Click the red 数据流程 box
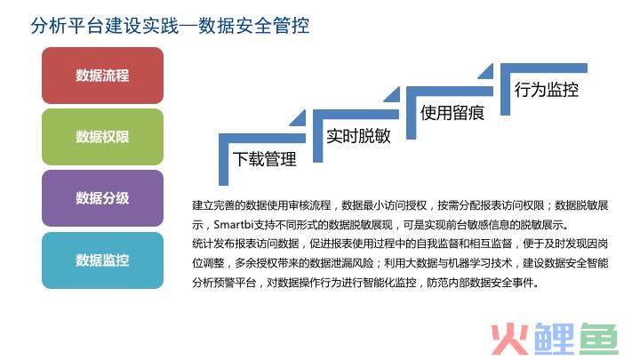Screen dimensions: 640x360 (x=102, y=75)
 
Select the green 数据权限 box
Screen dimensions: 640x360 (x=102, y=137)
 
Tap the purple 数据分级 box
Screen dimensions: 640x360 (x=102, y=198)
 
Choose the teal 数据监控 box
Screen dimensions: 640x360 (x=102, y=260)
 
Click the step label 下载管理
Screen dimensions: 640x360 (x=265, y=159)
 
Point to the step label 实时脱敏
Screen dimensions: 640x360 (x=358, y=136)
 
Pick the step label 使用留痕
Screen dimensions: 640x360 (x=452, y=113)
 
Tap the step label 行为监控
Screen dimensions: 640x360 (x=546, y=90)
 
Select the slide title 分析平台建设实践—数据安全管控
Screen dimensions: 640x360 (x=170, y=25)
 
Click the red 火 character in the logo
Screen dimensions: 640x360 (x=509, y=339)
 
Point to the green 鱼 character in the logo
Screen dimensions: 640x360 (x=599, y=339)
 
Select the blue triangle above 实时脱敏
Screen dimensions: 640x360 (x=394, y=96)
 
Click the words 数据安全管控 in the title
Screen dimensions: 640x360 (x=254, y=25)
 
